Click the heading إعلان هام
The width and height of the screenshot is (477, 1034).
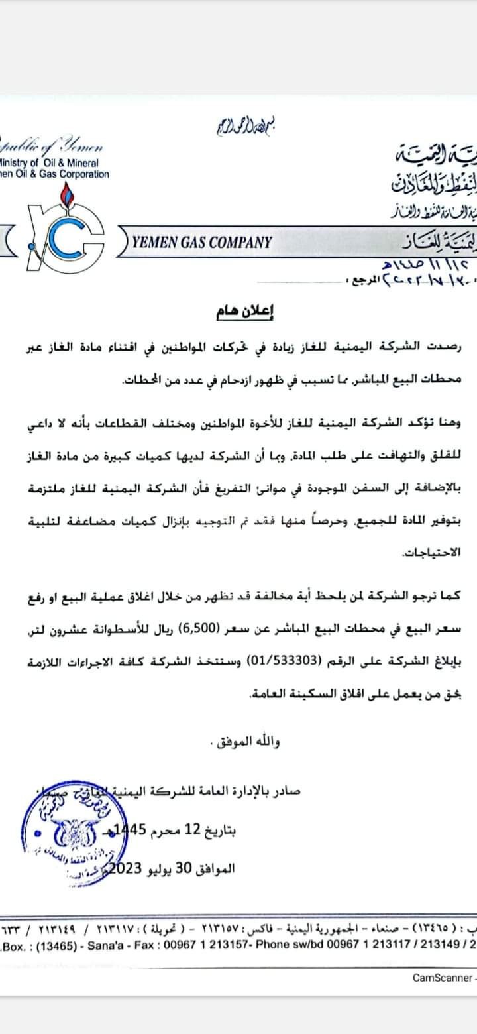point(238,312)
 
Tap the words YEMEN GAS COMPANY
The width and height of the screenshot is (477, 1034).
point(202,242)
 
